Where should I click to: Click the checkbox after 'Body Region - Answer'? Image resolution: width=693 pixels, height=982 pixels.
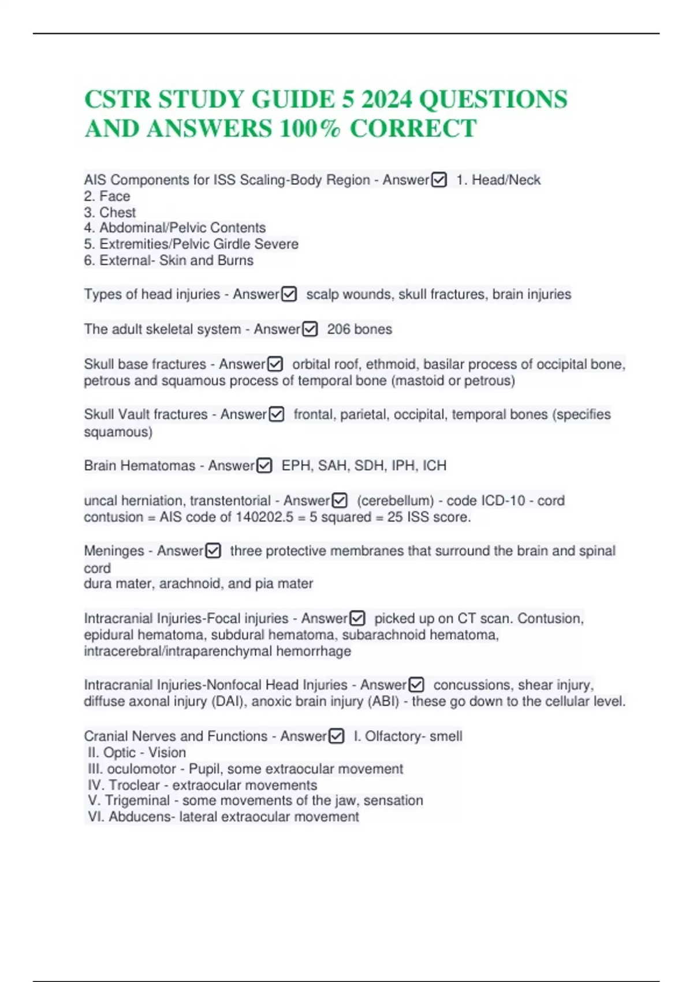point(439,180)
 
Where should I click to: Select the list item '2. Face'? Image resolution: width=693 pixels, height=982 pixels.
point(107,196)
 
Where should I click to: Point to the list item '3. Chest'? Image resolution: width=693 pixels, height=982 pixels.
point(110,213)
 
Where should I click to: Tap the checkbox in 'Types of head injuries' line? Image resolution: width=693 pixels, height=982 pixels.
point(289,295)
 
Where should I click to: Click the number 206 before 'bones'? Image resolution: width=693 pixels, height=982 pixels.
point(339,329)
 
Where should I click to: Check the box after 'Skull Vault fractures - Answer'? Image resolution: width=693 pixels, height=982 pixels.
point(276,415)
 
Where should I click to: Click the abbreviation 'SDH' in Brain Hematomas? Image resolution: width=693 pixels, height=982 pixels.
point(369,466)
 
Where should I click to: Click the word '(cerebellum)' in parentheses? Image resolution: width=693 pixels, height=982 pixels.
point(395,500)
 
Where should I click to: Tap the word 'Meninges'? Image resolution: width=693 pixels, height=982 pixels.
point(114,551)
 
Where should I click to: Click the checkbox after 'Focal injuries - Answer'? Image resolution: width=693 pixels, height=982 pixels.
point(357,619)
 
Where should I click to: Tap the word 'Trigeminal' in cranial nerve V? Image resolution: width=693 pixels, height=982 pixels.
point(137,801)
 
